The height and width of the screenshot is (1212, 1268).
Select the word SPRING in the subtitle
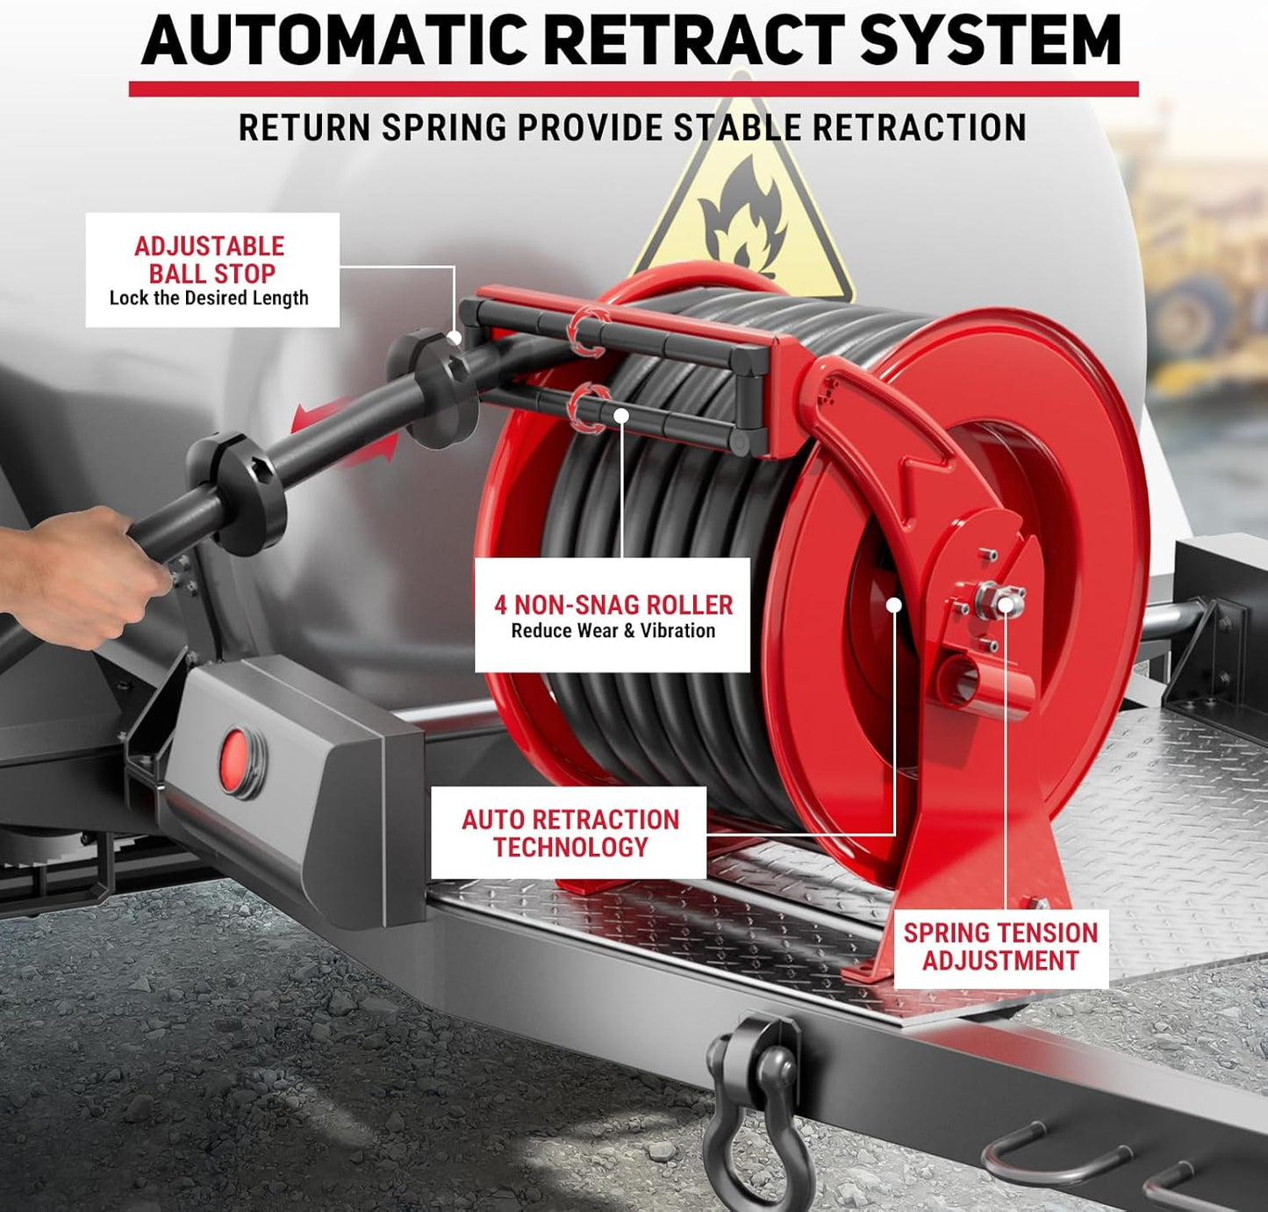pyautogui.click(x=446, y=128)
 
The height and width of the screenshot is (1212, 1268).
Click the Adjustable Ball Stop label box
pyautogui.click(x=211, y=270)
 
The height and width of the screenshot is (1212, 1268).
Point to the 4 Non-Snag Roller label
pyautogui.click(x=613, y=615)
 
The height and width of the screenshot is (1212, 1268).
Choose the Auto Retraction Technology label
pyautogui.click(x=570, y=833)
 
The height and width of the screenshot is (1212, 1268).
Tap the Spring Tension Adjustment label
pyautogui.click(x=1000, y=947)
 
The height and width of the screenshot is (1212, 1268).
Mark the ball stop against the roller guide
pyautogui.click(x=434, y=387)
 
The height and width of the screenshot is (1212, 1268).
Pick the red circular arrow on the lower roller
pyautogui.click(x=587, y=407)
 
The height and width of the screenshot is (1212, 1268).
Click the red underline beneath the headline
pyautogui.click(x=634, y=89)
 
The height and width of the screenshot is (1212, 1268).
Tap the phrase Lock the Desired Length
pyautogui.click(x=209, y=298)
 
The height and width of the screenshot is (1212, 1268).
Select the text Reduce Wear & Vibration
pyautogui.click(x=613, y=631)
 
